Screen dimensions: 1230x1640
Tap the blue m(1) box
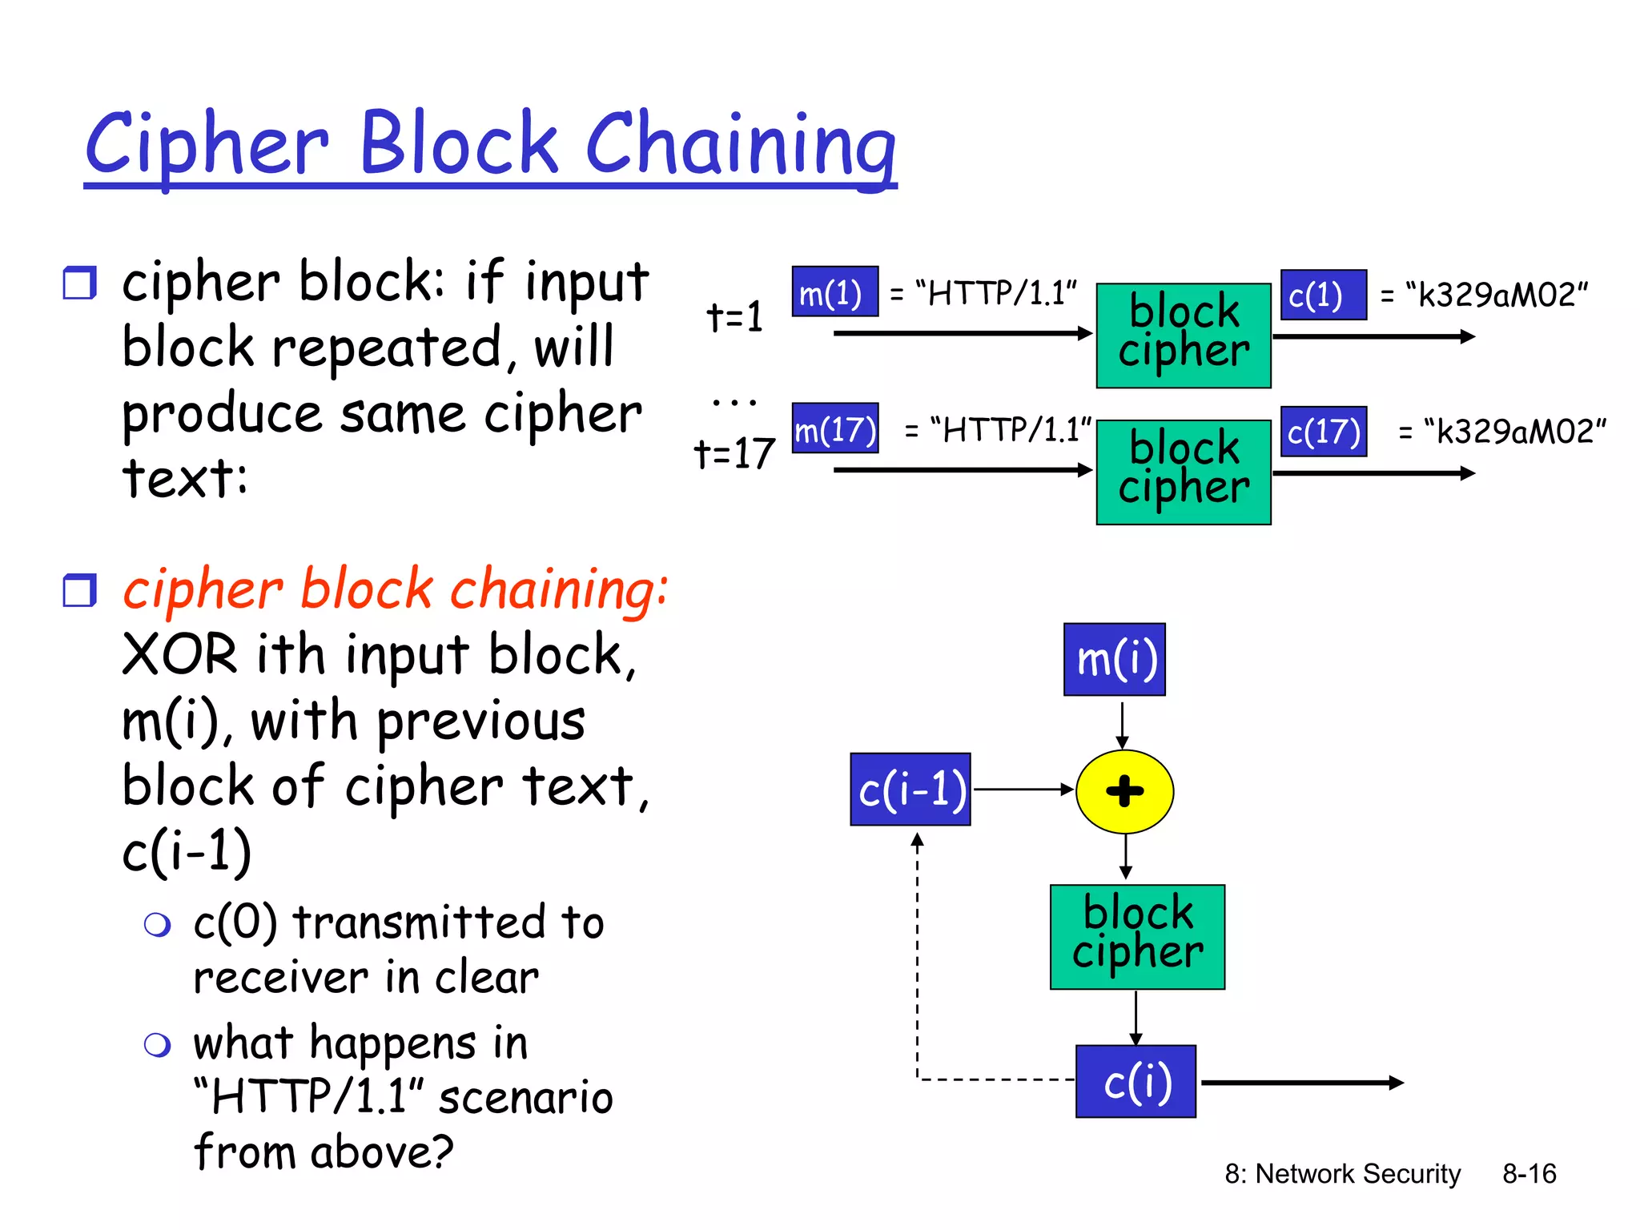[834, 292]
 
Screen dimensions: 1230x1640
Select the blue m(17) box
[835, 429]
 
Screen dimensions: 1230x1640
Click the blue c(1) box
[1323, 295]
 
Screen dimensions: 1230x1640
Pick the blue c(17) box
[1323, 432]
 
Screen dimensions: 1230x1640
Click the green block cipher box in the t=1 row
[1183, 336]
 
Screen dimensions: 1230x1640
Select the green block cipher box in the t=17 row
[1183, 472]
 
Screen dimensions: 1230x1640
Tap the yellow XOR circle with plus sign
[1124, 791]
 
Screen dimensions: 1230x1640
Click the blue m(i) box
[1114, 659]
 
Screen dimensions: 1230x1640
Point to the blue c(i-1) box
[910, 790]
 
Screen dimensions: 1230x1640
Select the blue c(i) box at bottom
[1136, 1081]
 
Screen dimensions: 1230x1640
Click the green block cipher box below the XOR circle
[1137, 937]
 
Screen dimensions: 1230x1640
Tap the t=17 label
[734, 453]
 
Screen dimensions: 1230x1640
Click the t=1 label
[734, 316]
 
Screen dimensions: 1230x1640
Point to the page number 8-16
[1529, 1174]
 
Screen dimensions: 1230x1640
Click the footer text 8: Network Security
[1342, 1174]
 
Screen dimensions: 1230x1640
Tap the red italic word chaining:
[559, 589]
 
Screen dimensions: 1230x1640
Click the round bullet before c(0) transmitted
[157, 925]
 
